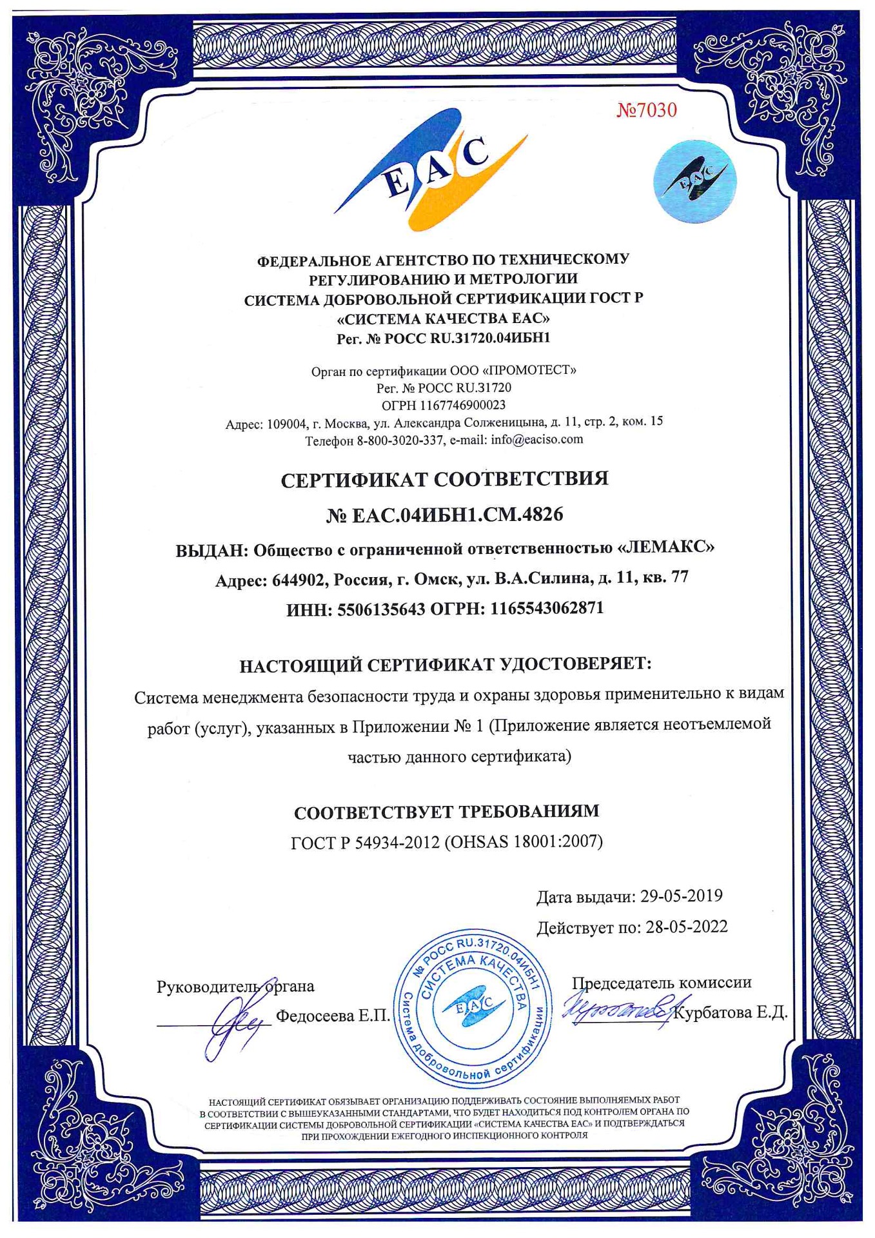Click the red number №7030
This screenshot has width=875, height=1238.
[646, 111]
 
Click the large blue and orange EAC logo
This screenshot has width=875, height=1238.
[431, 173]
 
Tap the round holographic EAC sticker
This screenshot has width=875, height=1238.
[694, 181]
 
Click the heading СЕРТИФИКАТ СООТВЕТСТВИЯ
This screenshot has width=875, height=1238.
[444, 479]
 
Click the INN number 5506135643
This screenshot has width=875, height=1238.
[381, 609]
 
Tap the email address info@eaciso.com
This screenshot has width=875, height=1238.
[536, 440]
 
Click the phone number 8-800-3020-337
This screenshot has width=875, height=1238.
[400, 440]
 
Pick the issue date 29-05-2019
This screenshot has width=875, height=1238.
[681, 896]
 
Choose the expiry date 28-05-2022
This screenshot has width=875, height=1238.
[686, 927]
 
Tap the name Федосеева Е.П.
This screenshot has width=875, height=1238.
[333, 1016]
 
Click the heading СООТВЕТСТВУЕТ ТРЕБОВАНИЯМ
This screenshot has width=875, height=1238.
[446, 811]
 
